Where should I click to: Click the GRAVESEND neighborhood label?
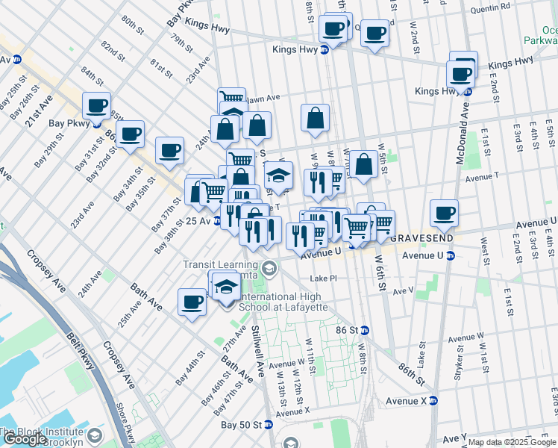420,237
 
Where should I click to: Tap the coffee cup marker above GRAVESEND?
444,213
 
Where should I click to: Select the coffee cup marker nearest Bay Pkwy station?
96,105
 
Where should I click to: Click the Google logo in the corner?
24,439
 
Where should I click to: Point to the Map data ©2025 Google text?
511,442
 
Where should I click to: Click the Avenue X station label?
407,401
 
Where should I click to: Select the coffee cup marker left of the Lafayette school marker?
192,302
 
